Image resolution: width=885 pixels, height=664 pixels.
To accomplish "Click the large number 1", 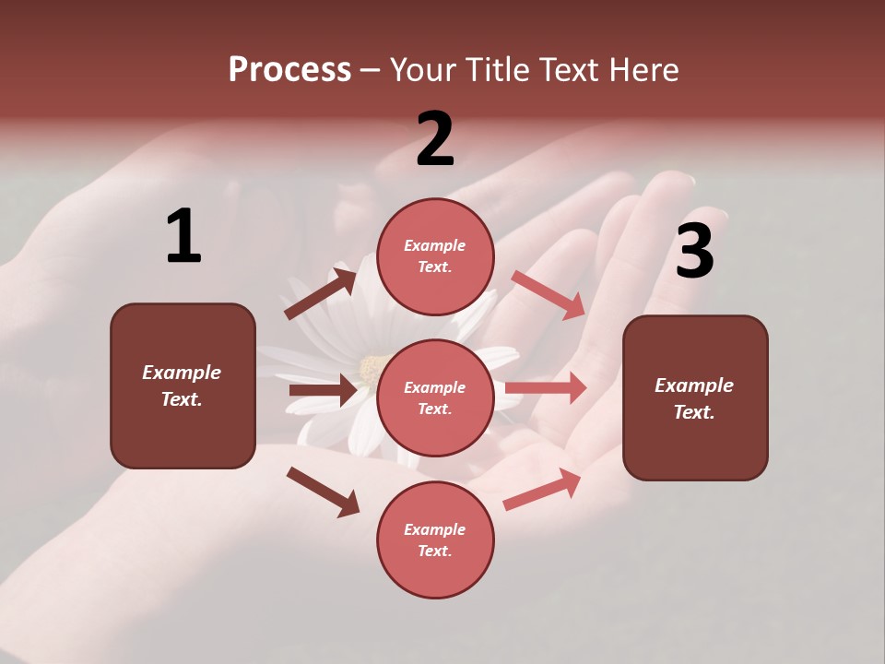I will pyautogui.click(x=183, y=237).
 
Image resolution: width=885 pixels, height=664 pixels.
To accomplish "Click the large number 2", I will pyautogui.click(x=435, y=139).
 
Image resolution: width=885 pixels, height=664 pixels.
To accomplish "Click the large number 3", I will pyautogui.click(x=694, y=252).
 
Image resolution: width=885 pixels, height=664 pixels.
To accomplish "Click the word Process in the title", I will pyautogui.click(x=289, y=69).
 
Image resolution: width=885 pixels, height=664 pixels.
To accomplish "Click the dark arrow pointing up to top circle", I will pyautogui.click(x=321, y=294).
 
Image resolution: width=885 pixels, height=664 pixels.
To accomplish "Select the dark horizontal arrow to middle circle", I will pyautogui.click(x=323, y=390).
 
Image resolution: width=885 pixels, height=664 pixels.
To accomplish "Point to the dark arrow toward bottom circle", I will pyautogui.click(x=324, y=492).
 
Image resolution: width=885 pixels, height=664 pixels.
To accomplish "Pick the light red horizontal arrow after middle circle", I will pyautogui.click(x=546, y=387).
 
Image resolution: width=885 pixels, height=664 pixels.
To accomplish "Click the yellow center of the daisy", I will pyautogui.click(x=371, y=369).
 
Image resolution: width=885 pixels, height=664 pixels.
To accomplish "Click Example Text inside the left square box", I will pyautogui.click(x=182, y=385).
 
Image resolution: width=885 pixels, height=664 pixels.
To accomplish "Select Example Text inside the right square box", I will pyautogui.click(x=694, y=398).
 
